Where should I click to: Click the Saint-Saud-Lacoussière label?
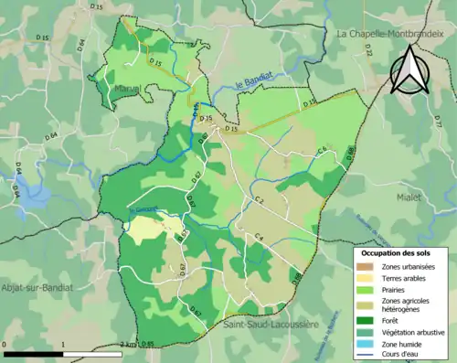point(266,324)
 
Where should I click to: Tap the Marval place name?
point(127,89)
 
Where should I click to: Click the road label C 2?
point(259,199)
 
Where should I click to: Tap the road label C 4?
point(259,237)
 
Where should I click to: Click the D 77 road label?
point(437,121)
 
